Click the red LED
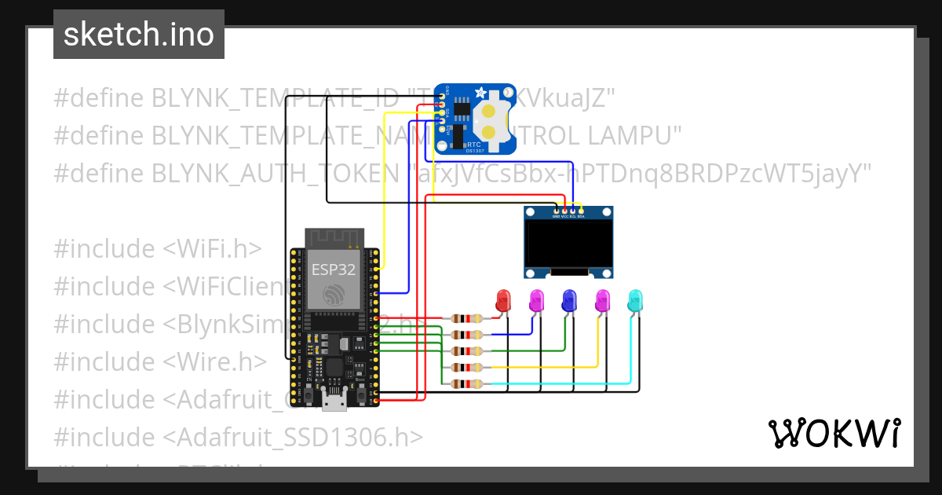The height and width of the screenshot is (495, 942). [502, 300]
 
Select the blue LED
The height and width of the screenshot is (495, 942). [569, 300]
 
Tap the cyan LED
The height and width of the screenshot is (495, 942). [635, 300]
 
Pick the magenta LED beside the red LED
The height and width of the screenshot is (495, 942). [536, 300]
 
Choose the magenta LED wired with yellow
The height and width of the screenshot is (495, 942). [602, 300]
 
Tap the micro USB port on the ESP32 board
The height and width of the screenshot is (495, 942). [335, 402]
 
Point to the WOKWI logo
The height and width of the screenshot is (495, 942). [834, 433]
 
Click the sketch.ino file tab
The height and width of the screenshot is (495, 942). [139, 35]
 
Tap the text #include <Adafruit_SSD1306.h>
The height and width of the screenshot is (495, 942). [239, 437]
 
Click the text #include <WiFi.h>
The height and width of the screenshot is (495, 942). [157, 249]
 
